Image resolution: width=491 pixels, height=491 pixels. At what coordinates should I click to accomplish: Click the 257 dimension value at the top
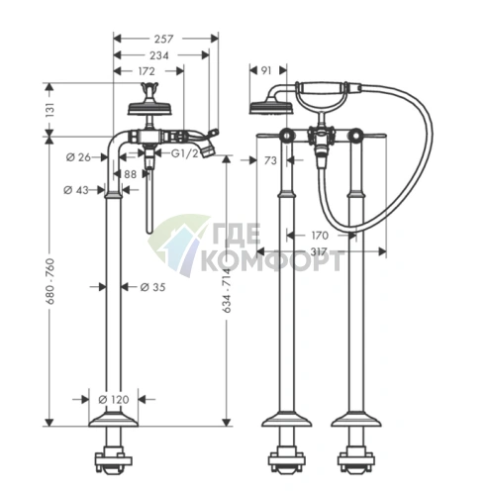(163, 39)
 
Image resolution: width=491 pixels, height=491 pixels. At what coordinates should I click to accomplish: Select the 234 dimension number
(159, 55)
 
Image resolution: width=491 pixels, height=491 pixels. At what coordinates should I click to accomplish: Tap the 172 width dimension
(146, 71)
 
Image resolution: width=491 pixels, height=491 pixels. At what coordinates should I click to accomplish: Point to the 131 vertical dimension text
(50, 110)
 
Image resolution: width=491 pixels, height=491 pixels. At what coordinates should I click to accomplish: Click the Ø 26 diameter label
(78, 157)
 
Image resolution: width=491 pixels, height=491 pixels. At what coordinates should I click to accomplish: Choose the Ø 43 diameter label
(76, 190)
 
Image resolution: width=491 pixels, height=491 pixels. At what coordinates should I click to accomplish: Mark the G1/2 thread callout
(185, 153)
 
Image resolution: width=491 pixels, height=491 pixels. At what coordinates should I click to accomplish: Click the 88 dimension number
(131, 174)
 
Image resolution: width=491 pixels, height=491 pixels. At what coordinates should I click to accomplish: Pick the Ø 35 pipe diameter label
(152, 287)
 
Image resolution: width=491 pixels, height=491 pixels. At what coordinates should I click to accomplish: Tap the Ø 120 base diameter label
(114, 400)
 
